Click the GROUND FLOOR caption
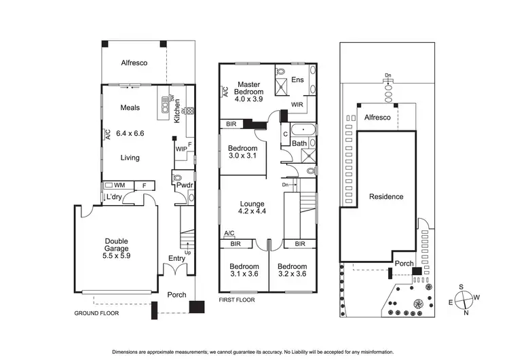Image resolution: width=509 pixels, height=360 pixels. (x=96, y=314)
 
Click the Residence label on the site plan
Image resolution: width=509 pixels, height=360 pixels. (x=386, y=197)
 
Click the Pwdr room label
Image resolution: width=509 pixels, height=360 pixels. (x=184, y=185)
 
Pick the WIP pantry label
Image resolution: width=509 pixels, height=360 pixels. (x=181, y=149)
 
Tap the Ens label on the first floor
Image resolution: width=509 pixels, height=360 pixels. (x=297, y=80)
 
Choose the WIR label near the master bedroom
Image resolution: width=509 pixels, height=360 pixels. (x=297, y=105)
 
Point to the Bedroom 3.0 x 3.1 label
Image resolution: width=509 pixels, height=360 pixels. (x=242, y=152)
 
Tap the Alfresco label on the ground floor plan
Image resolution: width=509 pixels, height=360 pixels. (x=134, y=62)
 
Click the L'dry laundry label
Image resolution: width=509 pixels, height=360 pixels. (x=112, y=197)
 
